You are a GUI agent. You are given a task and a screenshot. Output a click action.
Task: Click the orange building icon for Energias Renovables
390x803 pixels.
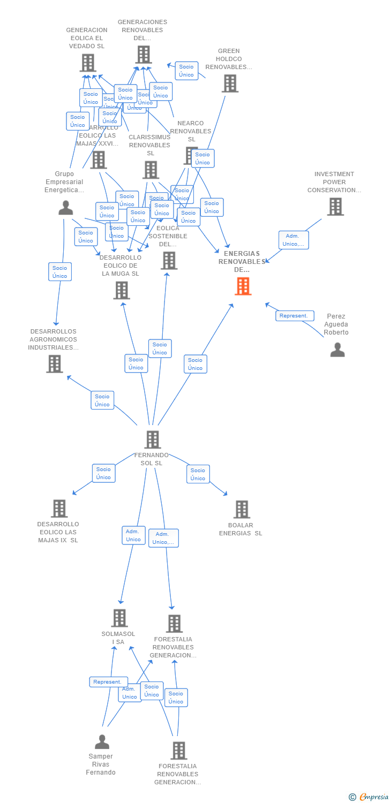click(x=243, y=286)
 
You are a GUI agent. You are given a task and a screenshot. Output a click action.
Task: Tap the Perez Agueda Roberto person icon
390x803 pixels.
click(x=337, y=350)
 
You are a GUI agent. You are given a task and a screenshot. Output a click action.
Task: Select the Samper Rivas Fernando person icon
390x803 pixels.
click(x=102, y=742)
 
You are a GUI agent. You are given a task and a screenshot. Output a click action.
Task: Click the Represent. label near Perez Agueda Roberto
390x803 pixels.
click(x=294, y=316)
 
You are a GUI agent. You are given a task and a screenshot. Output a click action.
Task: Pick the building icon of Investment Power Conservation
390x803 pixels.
click(x=335, y=207)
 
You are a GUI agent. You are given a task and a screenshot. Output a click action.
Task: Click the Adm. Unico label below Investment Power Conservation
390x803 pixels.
click(x=294, y=240)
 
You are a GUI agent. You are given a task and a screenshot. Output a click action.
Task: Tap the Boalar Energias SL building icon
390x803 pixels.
click(x=242, y=509)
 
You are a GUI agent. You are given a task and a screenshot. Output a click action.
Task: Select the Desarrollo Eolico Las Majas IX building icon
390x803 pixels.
click(x=59, y=508)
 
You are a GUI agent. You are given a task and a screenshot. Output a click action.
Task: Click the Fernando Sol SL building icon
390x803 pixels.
click(x=153, y=440)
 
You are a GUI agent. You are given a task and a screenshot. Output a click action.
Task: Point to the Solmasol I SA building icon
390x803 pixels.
click(x=119, y=618)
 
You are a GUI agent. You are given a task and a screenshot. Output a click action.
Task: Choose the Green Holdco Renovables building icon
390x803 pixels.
click(x=230, y=84)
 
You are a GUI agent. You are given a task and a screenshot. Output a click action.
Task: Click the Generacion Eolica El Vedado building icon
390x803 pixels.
click(x=88, y=63)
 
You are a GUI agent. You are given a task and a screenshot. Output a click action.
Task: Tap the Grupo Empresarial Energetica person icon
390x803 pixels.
click(x=66, y=208)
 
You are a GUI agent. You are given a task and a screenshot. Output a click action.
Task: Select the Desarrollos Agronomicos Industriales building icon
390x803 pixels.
click(x=55, y=363)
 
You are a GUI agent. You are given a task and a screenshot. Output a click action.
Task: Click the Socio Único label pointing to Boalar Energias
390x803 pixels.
click(x=198, y=474)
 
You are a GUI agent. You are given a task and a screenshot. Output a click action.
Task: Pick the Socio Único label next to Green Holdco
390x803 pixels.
click(x=186, y=71)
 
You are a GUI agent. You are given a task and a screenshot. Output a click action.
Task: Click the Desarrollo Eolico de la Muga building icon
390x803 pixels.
click(x=122, y=290)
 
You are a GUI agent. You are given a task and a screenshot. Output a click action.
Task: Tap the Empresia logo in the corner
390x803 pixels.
click(x=369, y=797)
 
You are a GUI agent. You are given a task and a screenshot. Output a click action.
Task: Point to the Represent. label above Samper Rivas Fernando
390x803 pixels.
click(x=108, y=682)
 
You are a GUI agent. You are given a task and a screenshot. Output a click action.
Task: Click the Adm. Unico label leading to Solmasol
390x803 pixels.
click(x=133, y=535)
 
